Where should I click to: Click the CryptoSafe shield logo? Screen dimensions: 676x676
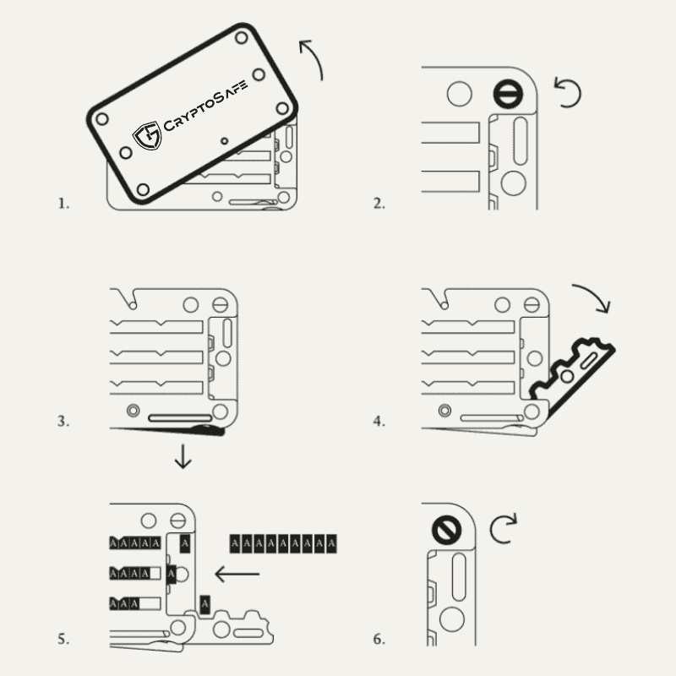click(147, 135)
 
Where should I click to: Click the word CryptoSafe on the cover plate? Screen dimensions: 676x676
click(205, 105)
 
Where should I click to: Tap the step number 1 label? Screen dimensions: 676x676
click(63, 204)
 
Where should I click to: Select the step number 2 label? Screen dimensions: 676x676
click(379, 204)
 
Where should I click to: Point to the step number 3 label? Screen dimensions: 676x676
click(63, 421)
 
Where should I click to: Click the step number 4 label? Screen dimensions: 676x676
click(379, 421)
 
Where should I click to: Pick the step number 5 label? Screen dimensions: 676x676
click(63, 639)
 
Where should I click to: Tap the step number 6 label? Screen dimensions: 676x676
click(379, 639)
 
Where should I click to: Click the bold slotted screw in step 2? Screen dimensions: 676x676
click(508, 94)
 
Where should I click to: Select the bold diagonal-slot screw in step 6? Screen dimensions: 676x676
click(447, 531)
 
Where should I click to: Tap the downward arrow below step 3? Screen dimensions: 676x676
click(183, 456)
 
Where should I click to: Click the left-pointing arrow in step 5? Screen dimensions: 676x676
click(237, 574)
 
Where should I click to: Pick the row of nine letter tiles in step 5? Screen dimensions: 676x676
click(283, 543)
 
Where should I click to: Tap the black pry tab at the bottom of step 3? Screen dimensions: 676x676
click(209, 430)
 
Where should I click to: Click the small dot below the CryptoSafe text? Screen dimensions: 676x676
click(224, 141)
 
